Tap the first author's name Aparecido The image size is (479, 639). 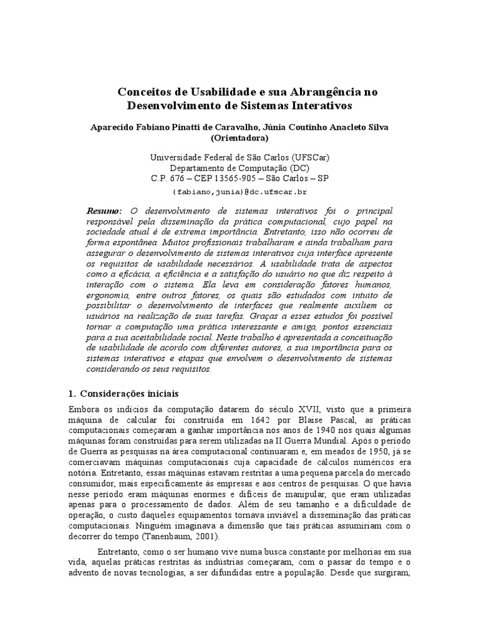coord(114,127)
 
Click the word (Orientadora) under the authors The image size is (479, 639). coord(239,138)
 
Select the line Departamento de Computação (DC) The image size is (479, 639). coord(239,168)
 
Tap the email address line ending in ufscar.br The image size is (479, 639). coord(239,190)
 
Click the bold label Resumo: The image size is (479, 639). coord(105,212)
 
